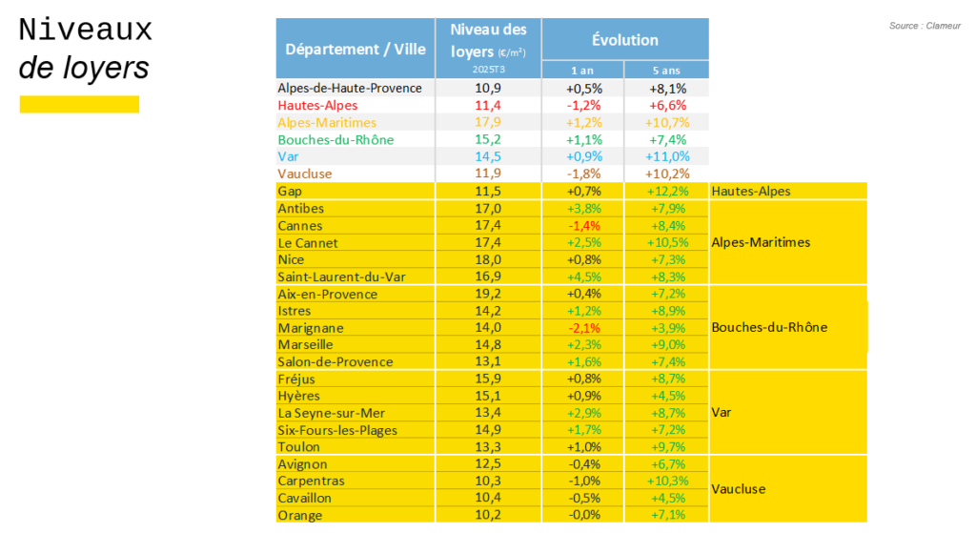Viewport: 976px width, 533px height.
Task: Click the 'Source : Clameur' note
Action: (x=925, y=26)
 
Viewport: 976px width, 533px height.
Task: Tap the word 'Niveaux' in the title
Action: (x=86, y=31)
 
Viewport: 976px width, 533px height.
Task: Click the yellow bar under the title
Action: (x=79, y=104)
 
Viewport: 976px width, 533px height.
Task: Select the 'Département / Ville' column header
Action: (x=355, y=49)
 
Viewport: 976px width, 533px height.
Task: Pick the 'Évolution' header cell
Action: (x=624, y=40)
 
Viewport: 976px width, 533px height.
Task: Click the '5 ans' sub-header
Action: (x=666, y=71)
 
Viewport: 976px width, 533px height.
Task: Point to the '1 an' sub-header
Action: (x=583, y=71)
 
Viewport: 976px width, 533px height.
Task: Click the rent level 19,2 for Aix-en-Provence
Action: (x=488, y=294)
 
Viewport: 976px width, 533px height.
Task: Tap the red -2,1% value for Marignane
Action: (x=583, y=328)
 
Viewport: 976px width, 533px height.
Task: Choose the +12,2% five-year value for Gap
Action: (x=666, y=192)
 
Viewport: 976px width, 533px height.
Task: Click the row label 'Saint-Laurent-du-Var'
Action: (x=337, y=277)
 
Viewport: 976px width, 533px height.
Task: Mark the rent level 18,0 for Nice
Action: (x=488, y=259)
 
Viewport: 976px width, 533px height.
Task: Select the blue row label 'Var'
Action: (x=288, y=156)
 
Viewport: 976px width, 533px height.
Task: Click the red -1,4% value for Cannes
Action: (x=583, y=226)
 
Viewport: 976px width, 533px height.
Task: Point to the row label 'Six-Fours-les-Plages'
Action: (x=337, y=430)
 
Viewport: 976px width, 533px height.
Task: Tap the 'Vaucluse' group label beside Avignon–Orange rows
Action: (x=739, y=489)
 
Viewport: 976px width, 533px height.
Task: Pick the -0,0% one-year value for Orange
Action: (x=583, y=516)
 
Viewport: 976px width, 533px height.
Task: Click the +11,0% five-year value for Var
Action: (x=666, y=156)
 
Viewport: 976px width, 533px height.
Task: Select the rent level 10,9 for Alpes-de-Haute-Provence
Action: (x=488, y=88)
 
